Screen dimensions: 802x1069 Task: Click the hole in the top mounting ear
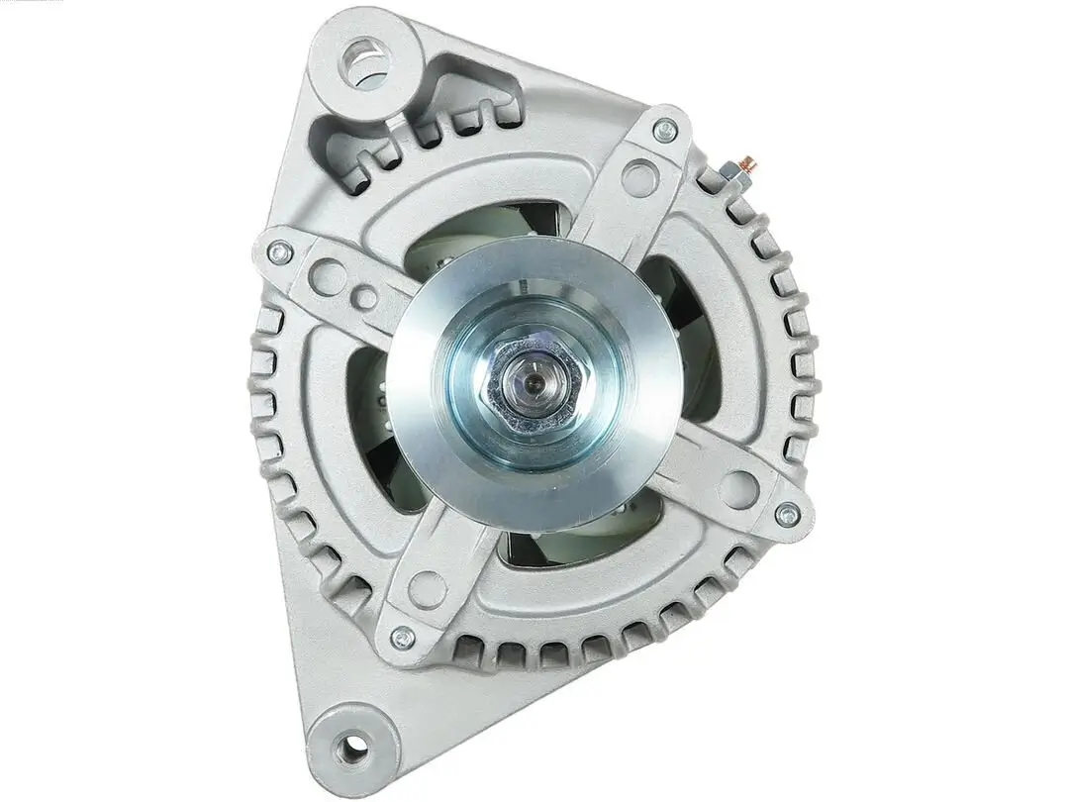(366, 61)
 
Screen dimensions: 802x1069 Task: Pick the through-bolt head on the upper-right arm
(665, 130)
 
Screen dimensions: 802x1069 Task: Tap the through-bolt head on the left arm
(280, 252)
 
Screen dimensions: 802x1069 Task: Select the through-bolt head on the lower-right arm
(787, 513)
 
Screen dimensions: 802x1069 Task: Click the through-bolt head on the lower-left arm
(402, 638)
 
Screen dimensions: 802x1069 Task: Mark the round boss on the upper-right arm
(640, 175)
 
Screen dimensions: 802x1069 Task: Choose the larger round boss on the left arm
(328, 277)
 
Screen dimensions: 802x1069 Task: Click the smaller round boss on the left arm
(366, 297)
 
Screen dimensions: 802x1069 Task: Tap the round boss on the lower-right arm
(738, 487)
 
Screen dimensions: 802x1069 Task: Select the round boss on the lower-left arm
(428, 589)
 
